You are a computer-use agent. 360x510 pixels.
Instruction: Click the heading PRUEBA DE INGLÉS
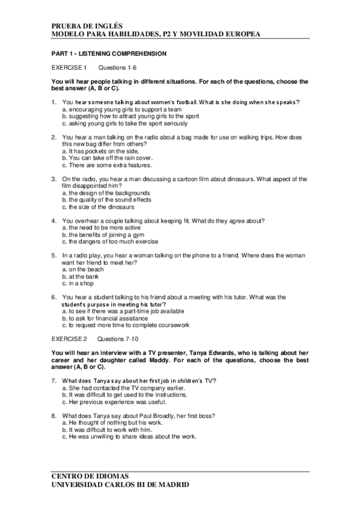click(87, 26)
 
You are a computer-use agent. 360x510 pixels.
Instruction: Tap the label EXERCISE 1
click(69, 67)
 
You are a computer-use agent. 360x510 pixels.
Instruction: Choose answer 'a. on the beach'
click(83, 269)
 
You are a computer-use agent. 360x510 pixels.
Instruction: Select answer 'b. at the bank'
click(82, 276)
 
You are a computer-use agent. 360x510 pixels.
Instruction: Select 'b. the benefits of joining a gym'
click(105, 235)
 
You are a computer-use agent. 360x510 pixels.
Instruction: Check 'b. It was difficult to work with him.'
click(109, 429)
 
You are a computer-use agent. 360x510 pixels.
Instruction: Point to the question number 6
click(54, 297)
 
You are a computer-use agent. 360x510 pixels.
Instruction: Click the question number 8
click(54, 416)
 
